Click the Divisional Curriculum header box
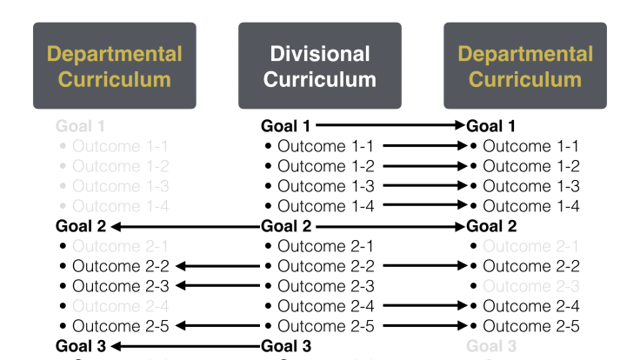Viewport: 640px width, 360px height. [x=320, y=66]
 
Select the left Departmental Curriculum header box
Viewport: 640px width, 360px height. [x=115, y=66]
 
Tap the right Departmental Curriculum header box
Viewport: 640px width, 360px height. [x=525, y=66]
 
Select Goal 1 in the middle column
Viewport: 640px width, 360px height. [x=285, y=126]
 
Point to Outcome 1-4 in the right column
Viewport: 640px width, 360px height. [x=530, y=206]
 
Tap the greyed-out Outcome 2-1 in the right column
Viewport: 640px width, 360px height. [x=530, y=246]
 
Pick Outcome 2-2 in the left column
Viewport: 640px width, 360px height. [x=120, y=266]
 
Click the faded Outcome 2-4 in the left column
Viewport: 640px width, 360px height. [x=120, y=306]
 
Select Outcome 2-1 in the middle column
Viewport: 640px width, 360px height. [x=325, y=246]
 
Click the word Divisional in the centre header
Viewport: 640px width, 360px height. [x=320, y=54]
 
